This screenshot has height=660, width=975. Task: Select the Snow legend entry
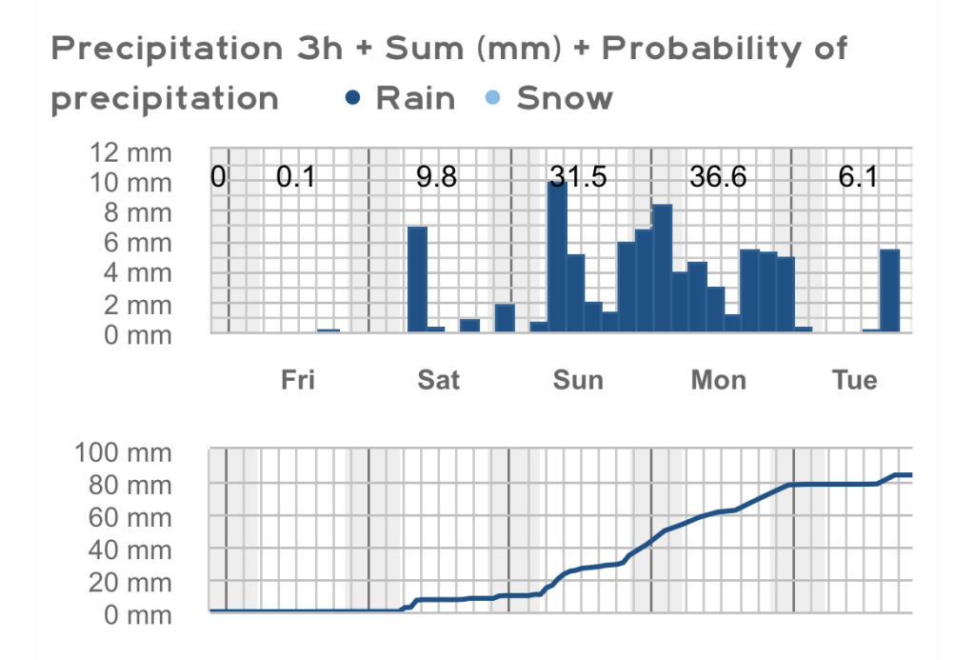[552, 98]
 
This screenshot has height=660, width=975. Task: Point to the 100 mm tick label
[123, 452]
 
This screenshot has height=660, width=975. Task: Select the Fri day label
[297, 380]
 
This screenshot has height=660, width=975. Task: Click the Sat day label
[438, 380]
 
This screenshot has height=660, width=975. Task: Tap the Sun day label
[578, 380]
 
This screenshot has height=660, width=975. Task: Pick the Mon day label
[718, 380]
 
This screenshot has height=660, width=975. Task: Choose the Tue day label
[854, 380]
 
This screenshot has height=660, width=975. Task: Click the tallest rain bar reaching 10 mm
[557, 257]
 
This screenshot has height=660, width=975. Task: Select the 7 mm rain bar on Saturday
[417, 280]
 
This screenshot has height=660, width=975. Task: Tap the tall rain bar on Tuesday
[889, 290]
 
